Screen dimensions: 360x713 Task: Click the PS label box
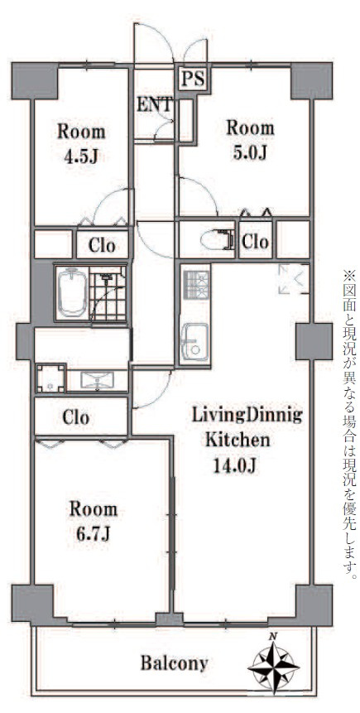[193, 79]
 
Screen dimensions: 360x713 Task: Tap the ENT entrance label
[155, 105]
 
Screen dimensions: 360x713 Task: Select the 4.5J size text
[81, 157]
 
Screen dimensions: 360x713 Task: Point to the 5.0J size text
[250, 152]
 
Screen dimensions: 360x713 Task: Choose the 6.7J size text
[94, 534]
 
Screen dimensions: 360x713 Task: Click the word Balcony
[174, 663]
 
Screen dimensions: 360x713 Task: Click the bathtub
[72, 292]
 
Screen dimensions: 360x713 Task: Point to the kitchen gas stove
[196, 284]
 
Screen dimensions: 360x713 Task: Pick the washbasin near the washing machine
[98, 380]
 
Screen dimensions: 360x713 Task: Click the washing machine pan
[51, 378]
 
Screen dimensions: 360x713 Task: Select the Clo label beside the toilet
[256, 242]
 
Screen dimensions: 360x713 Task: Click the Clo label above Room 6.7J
[76, 417]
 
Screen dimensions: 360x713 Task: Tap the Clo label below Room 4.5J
[102, 246]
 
